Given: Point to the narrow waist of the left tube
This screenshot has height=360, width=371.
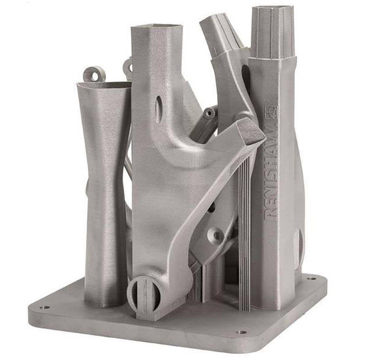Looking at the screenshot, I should (x=104, y=180).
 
